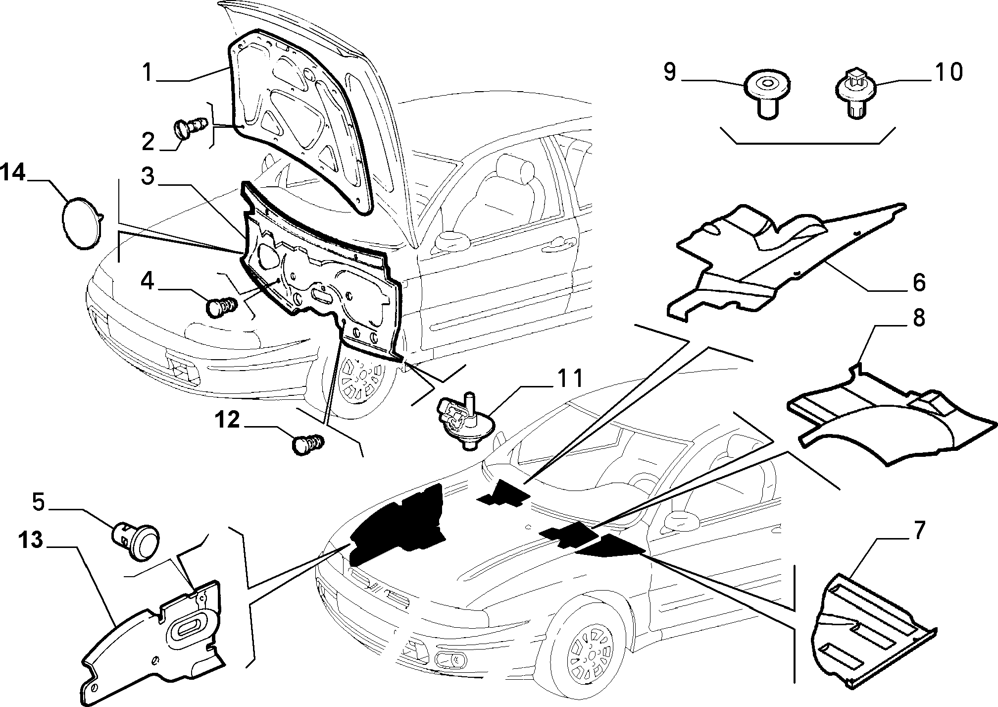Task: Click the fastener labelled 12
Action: point(308,443)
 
